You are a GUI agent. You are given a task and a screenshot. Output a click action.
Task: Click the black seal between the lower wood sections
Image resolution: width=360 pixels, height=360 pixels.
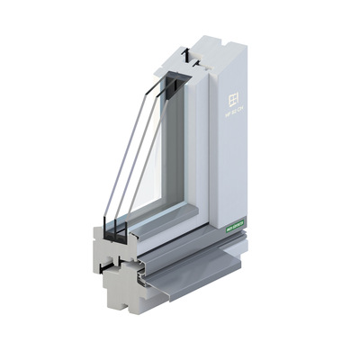coord(110,266)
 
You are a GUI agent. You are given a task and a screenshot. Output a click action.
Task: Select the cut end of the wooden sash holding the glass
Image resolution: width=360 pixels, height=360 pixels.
coord(103,243)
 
